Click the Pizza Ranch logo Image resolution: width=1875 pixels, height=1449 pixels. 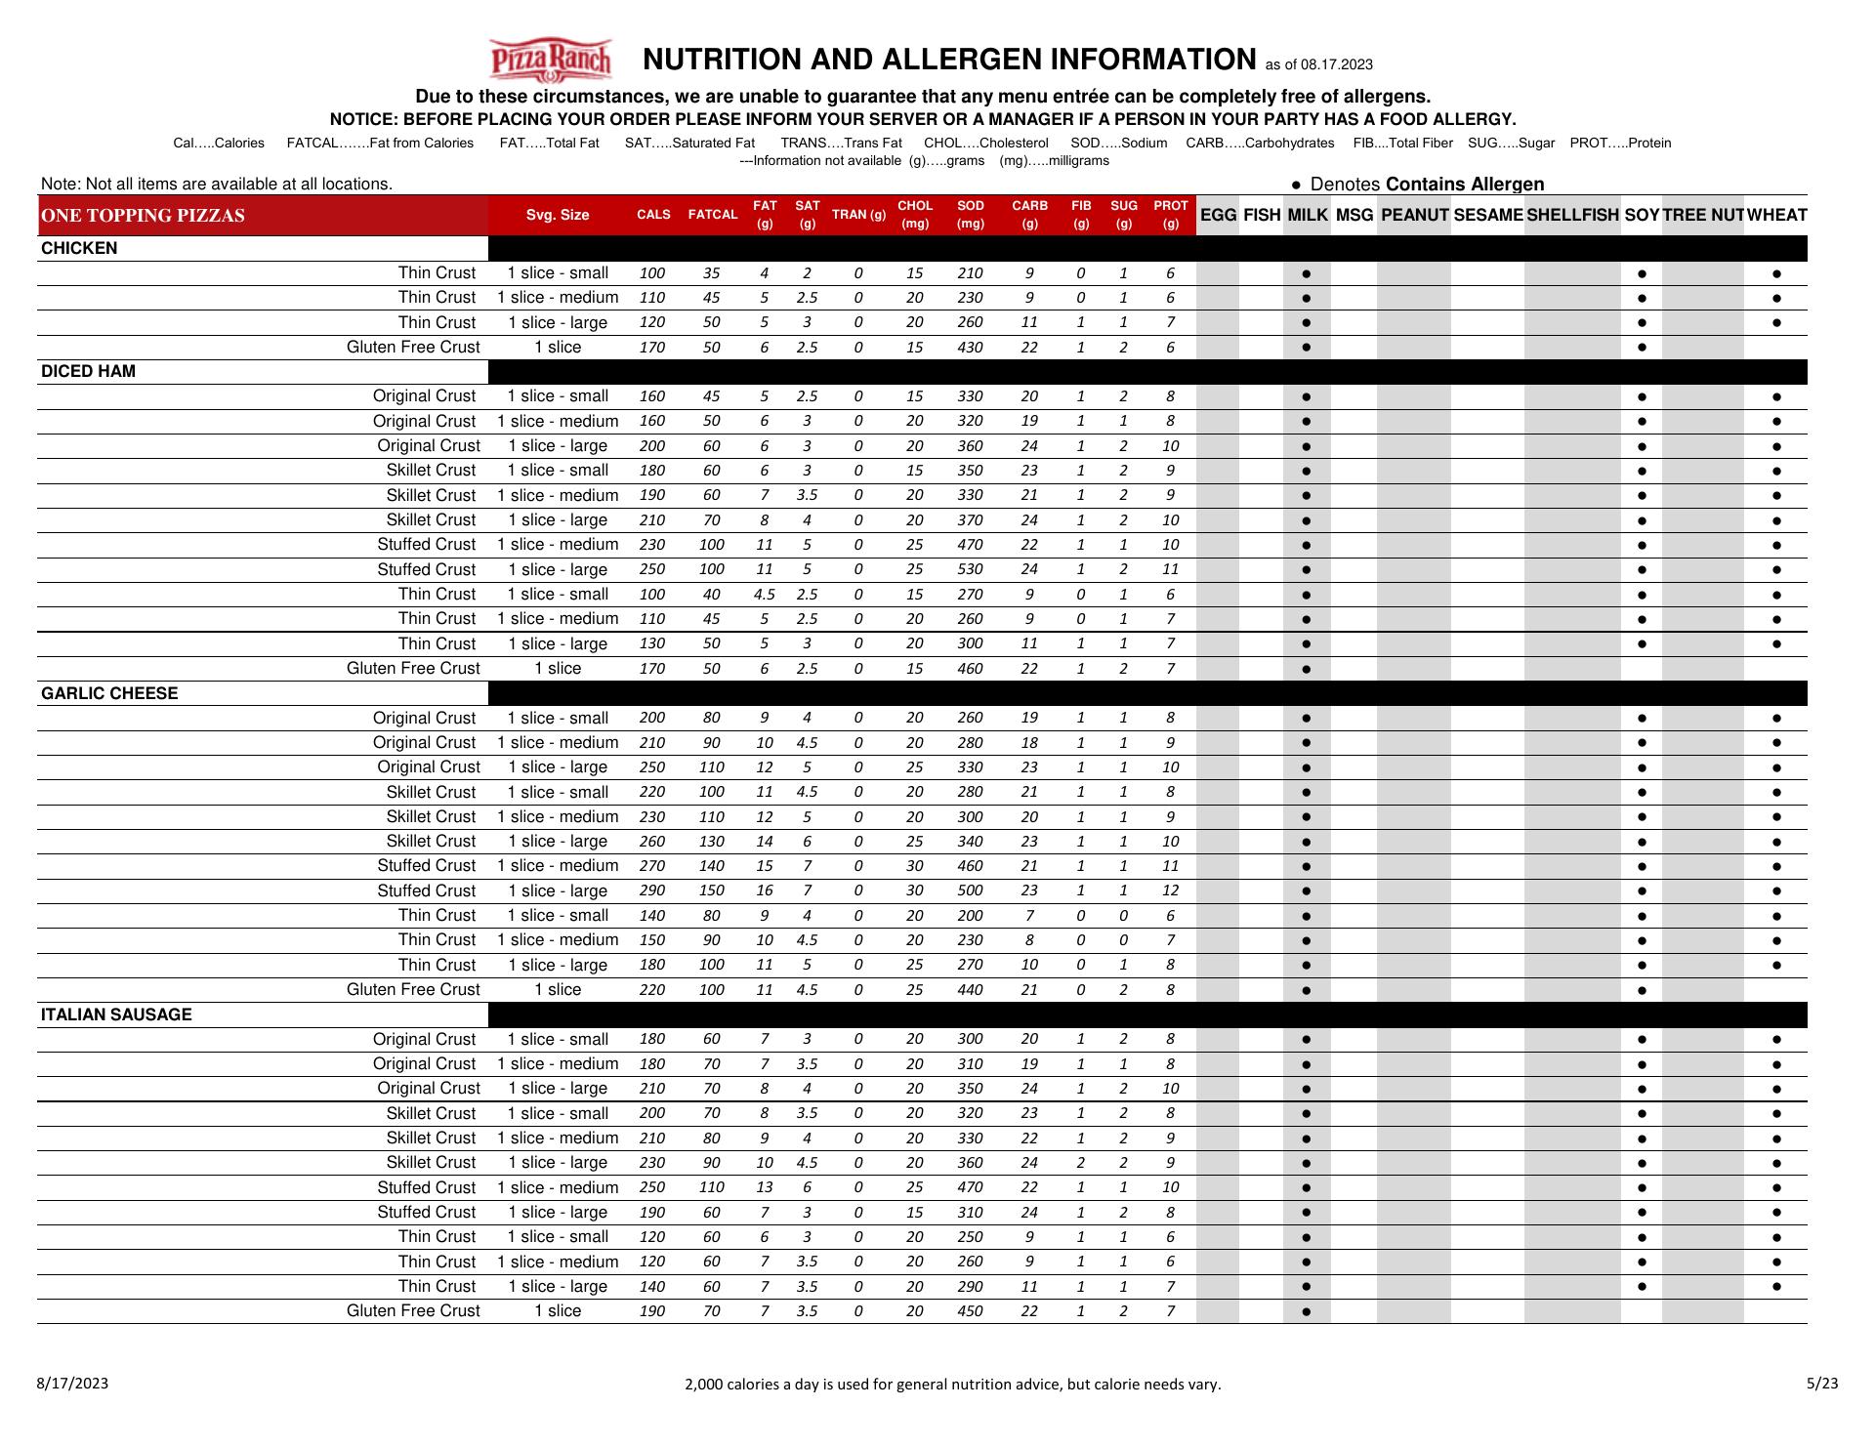[551, 61]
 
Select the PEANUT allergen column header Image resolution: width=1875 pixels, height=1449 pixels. [1414, 215]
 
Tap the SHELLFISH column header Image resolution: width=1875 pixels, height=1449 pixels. [1572, 215]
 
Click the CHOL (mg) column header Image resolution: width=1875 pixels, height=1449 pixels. [915, 215]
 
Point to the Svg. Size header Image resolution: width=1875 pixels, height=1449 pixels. [558, 215]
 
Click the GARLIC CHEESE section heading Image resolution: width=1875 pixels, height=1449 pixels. [109, 693]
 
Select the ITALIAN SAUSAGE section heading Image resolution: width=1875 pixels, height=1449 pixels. [116, 1014]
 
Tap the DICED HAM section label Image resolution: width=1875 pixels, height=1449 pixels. [88, 371]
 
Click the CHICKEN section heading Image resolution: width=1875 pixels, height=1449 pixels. [79, 248]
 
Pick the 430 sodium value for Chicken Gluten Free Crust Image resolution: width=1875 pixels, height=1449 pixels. [970, 348]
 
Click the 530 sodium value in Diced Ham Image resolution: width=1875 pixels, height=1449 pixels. [970, 569]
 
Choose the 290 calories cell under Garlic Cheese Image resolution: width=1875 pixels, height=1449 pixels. [651, 890]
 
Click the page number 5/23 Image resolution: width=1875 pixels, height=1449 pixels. [1822, 1383]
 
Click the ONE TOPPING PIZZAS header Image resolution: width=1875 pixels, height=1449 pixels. [144, 215]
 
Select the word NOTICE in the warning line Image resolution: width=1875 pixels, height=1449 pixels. [362, 119]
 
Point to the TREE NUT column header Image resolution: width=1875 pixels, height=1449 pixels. [1702, 215]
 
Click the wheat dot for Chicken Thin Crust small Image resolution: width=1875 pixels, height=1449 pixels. [1775, 273]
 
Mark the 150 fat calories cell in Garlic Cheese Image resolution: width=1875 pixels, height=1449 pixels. [711, 890]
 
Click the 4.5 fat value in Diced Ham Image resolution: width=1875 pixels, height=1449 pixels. [764, 594]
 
